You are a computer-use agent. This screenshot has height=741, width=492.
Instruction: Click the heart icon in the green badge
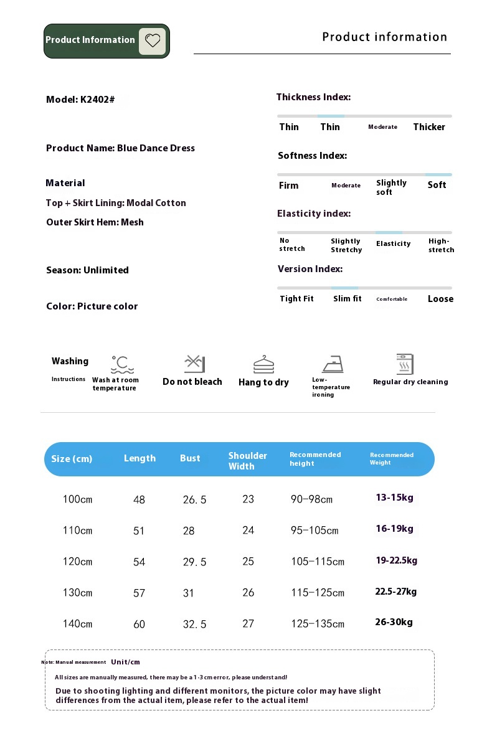(153, 41)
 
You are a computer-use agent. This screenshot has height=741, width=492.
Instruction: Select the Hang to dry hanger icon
(263, 364)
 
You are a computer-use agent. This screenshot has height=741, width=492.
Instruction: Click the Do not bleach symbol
(194, 364)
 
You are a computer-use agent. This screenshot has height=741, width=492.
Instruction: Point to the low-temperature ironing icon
(333, 364)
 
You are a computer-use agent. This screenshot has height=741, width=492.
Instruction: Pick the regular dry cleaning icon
(405, 364)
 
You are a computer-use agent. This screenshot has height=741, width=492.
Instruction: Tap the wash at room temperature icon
(122, 364)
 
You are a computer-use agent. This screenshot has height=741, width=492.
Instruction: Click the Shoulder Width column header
(247, 461)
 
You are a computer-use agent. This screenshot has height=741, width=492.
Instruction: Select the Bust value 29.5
(194, 562)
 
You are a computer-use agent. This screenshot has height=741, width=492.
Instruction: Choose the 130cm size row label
(77, 593)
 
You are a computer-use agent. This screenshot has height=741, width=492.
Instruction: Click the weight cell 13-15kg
(394, 498)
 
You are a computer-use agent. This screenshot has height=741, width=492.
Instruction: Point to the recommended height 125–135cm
(317, 624)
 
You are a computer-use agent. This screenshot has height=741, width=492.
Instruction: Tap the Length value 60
(139, 624)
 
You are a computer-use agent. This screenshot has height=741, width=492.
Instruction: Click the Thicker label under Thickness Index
(429, 127)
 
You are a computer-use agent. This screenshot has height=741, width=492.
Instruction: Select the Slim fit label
(347, 299)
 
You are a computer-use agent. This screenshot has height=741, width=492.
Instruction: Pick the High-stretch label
(441, 245)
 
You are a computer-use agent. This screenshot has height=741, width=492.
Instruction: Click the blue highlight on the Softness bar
(438, 174)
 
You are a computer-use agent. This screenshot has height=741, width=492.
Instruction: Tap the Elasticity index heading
(314, 214)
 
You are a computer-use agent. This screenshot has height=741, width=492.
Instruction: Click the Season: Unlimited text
(87, 270)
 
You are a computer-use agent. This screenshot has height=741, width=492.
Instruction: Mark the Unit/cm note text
(125, 662)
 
